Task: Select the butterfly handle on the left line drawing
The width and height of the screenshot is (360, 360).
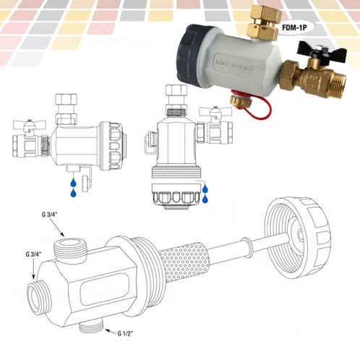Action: click(x=29, y=127)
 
